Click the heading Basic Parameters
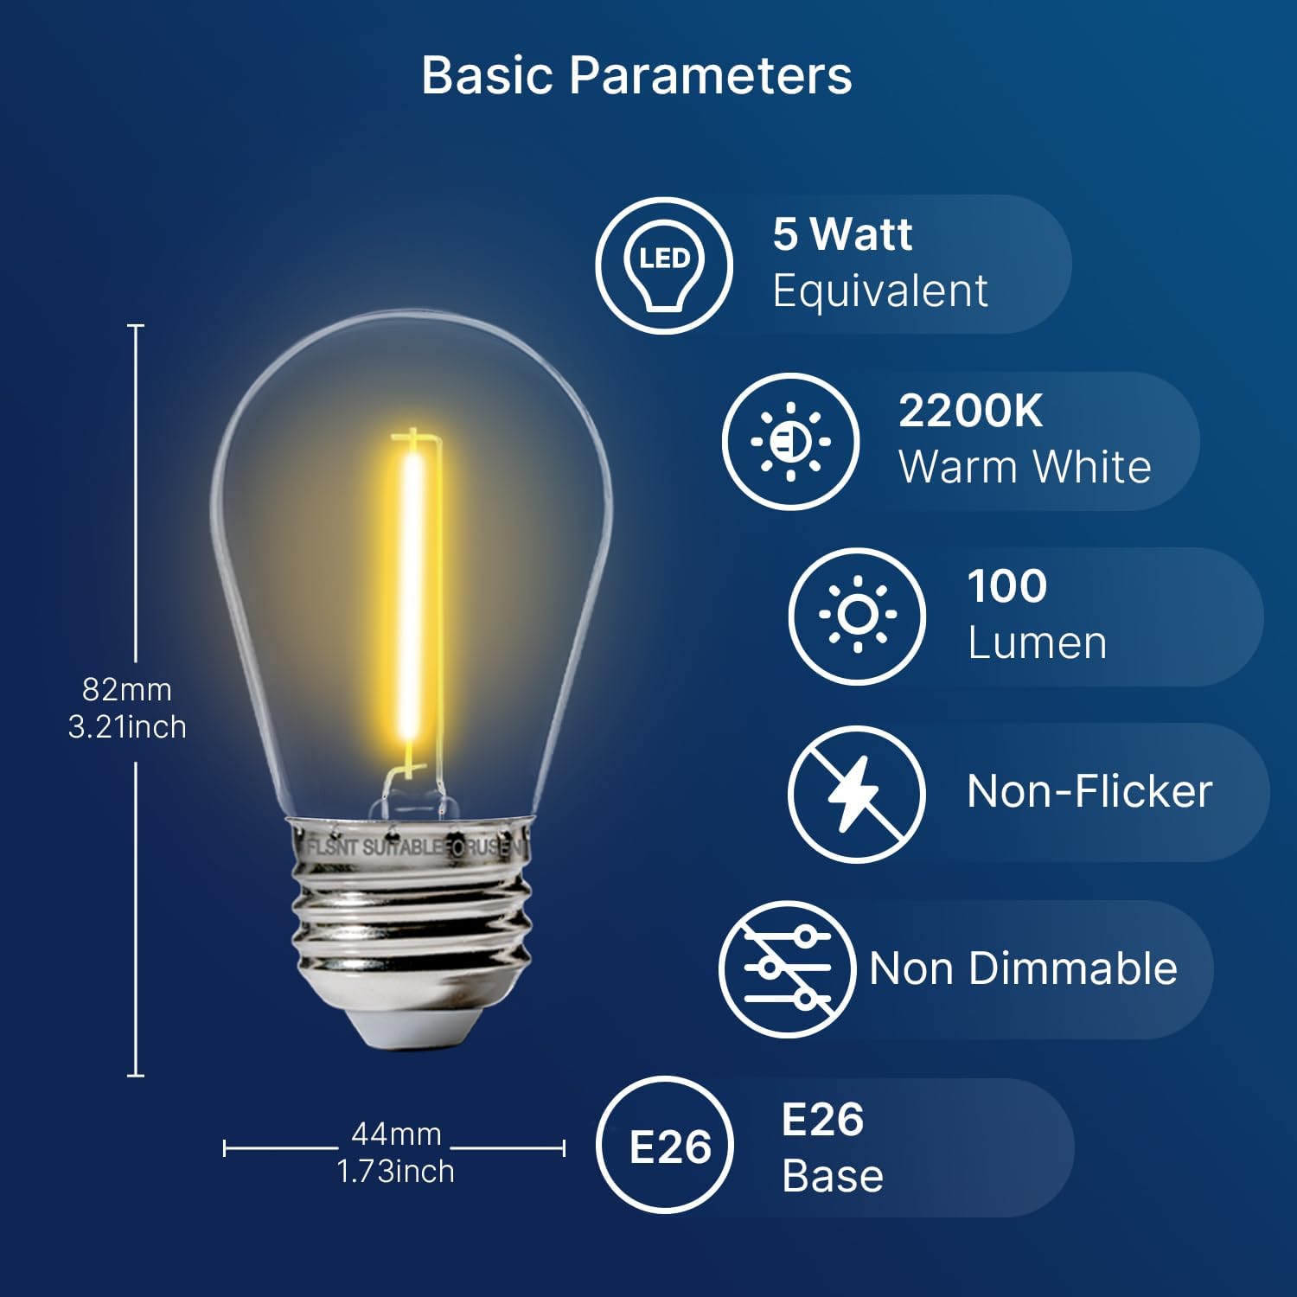tap(636, 75)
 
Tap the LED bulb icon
tap(664, 265)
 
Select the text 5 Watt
tap(842, 234)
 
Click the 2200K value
tap(970, 412)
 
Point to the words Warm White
tap(1025, 468)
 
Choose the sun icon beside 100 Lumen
tap(857, 616)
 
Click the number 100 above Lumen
tap(1007, 586)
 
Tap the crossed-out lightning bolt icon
tap(856, 793)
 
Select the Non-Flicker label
tap(1089, 791)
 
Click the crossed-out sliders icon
tap(788, 968)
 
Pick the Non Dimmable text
tap(1023, 968)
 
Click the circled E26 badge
tap(669, 1147)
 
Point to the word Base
tap(833, 1176)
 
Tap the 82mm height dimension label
tap(127, 690)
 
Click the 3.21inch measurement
tap(127, 727)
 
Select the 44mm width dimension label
tap(396, 1134)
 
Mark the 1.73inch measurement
tap(395, 1172)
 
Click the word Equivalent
tap(879, 291)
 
